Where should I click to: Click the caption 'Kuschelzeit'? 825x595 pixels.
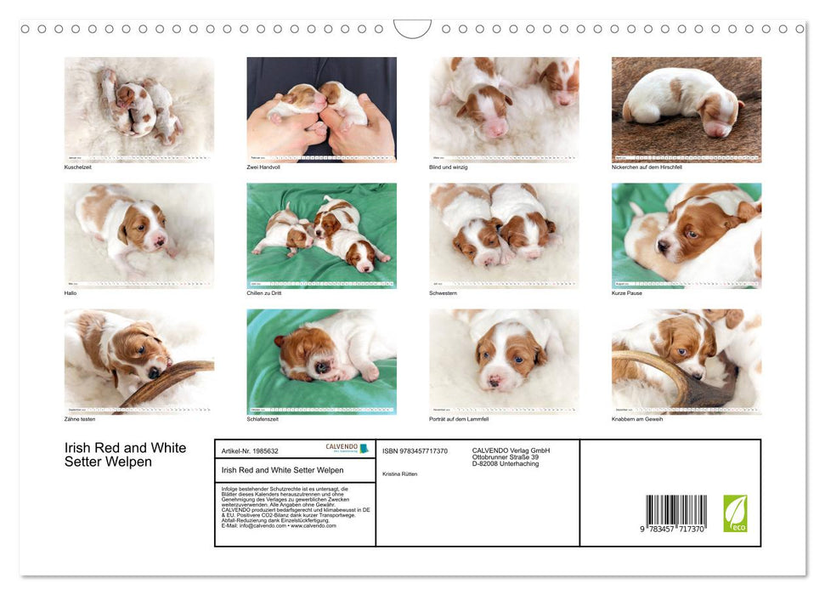(x=77, y=167)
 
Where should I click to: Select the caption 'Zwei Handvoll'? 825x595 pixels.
(x=263, y=167)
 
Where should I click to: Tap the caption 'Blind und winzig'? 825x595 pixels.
(x=449, y=167)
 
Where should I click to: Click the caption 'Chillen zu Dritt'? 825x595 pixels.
(x=264, y=292)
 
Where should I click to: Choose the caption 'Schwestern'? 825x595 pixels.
(x=444, y=292)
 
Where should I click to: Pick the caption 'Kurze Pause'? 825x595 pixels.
(x=627, y=292)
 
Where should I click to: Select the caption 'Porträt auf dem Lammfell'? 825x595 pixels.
(x=461, y=418)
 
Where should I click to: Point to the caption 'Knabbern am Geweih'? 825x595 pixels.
(x=637, y=418)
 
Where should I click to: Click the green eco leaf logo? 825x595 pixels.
(x=735, y=513)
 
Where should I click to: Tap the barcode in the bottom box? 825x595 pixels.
(x=675, y=513)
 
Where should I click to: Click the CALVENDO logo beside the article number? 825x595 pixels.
(x=347, y=448)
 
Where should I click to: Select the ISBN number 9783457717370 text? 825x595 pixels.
(x=415, y=450)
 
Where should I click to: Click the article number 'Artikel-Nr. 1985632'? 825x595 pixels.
(x=250, y=450)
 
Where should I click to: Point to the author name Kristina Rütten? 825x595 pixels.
(x=400, y=473)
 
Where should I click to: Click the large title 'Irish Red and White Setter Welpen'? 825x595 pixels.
(x=125, y=455)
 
